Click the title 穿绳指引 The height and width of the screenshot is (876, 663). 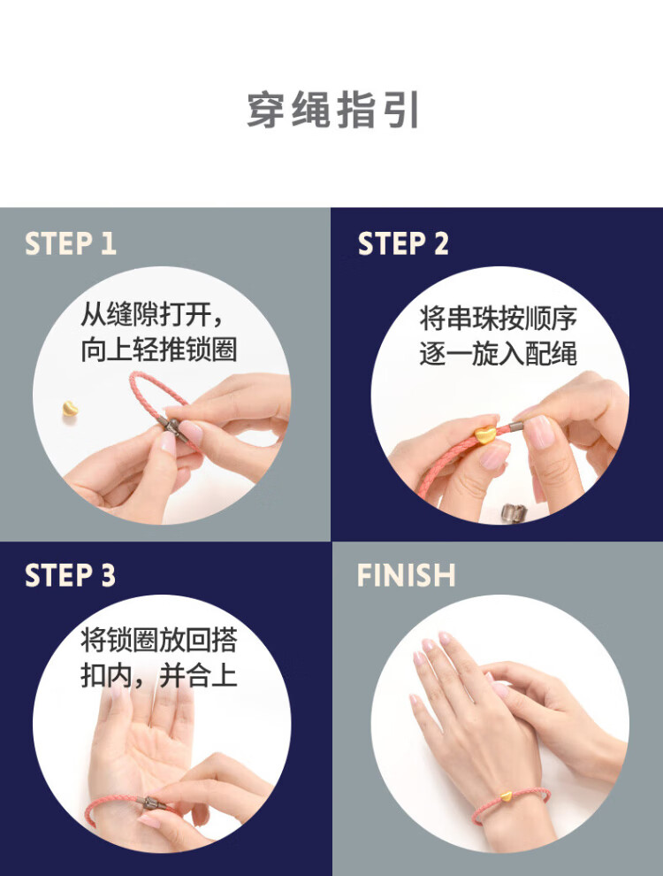point(333,110)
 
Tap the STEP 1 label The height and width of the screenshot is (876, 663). point(71,243)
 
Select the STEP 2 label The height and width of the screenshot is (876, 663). point(403,243)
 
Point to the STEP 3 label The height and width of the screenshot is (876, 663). point(71,575)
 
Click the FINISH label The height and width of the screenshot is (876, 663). point(407,575)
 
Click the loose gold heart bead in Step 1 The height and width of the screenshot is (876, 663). point(70,409)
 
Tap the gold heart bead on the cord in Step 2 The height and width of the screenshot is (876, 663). point(484,434)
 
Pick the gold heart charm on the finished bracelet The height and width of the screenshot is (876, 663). point(506,795)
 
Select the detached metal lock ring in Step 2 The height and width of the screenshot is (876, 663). point(514,511)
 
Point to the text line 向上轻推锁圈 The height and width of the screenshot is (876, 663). point(159,350)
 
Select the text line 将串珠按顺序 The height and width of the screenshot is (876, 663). point(498,318)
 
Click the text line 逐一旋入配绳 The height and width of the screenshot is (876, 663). point(498,354)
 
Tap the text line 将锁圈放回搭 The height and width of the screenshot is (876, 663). point(159,640)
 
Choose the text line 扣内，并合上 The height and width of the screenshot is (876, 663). point(159,675)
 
